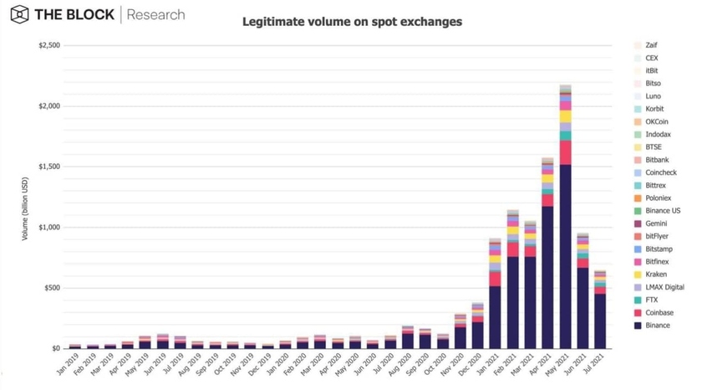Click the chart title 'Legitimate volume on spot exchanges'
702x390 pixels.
(x=352, y=22)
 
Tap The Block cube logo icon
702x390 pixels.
(x=19, y=14)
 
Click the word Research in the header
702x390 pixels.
(x=157, y=14)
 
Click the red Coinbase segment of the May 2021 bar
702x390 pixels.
(x=566, y=152)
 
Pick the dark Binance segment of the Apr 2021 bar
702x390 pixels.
(x=547, y=276)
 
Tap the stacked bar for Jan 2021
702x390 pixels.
(x=495, y=293)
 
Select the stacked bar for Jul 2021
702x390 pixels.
(x=600, y=310)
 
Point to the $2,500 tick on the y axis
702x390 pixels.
(x=48, y=45)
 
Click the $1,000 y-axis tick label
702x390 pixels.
(x=48, y=228)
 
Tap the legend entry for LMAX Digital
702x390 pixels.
(x=664, y=287)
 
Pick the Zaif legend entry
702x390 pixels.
(x=651, y=45)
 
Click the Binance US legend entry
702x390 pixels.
(x=661, y=211)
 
